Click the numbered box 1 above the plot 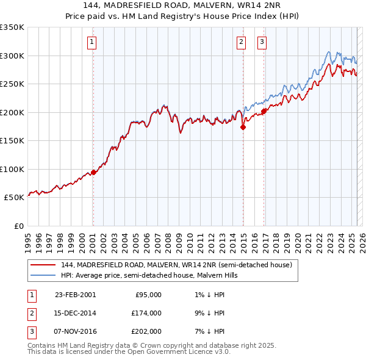point(91,42)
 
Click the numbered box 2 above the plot point(242,42)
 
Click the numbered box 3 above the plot point(262,42)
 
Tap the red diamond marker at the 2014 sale point(243,128)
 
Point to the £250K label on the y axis point(12,84)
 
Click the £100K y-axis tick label point(12,169)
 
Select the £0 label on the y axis point(18,226)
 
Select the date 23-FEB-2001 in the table point(75,295)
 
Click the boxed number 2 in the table point(30,313)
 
